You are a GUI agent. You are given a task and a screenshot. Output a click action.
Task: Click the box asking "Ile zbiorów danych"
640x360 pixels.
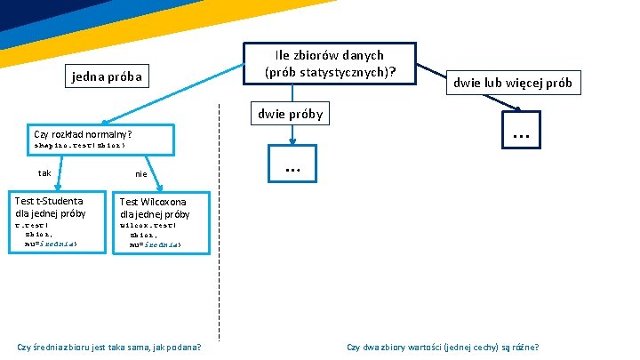coord(329,63)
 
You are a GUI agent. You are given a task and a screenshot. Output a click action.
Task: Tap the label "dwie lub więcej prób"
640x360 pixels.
coord(514,84)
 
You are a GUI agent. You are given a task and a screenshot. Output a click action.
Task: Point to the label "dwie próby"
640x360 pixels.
coord(290,114)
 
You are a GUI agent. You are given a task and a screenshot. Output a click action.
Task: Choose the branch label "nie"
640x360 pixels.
coord(141,174)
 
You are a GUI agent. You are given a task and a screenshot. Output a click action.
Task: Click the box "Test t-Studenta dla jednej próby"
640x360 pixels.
coord(51,207)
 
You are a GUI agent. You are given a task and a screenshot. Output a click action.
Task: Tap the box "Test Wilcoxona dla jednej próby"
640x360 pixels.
coord(155,208)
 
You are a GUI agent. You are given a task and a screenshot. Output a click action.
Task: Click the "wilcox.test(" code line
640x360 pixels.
coord(142,225)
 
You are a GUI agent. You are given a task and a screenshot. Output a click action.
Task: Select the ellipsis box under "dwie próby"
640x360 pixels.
coord(291,168)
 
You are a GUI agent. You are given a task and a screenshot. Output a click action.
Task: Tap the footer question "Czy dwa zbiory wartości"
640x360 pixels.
coord(443,347)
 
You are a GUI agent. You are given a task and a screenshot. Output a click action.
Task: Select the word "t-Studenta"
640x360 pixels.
coord(62,202)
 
